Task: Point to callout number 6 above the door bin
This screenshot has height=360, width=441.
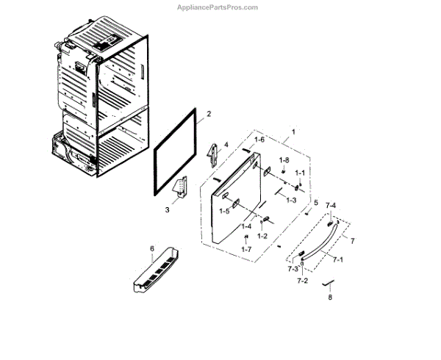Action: [152, 249]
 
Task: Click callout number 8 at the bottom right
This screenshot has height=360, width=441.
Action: [330, 298]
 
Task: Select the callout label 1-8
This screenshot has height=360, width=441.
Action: [284, 159]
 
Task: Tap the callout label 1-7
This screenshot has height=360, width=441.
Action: [245, 250]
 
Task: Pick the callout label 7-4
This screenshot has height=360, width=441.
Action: [331, 205]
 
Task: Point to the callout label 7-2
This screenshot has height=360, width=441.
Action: [302, 281]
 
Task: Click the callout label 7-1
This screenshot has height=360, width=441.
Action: [338, 259]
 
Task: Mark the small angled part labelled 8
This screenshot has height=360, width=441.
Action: [330, 284]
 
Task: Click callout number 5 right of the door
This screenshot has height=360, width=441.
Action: [316, 203]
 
